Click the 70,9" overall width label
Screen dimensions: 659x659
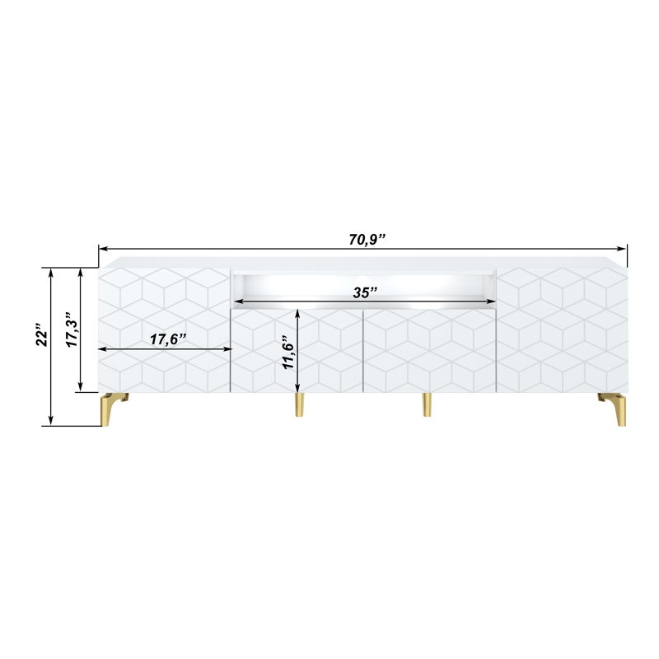[x=367, y=239]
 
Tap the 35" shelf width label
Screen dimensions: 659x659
[x=365, y=292]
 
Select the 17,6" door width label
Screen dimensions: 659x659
[x=168, y=339]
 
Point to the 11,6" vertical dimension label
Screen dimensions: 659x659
[x=288, y=353]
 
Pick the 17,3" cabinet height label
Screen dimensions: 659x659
[x=72, y=329]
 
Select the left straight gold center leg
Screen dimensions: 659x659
[x=299, y=404]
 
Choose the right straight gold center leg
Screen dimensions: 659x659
[x=427, y=404]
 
